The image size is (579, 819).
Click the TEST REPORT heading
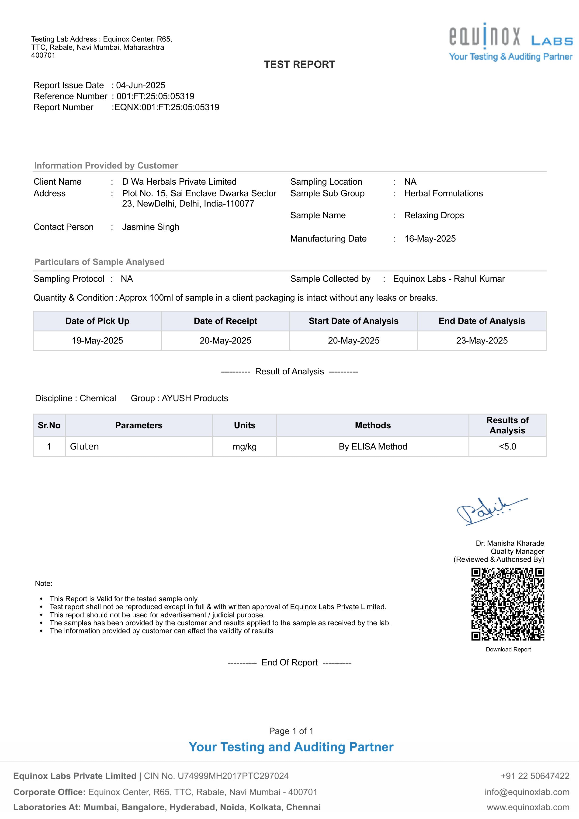tap(299, 65)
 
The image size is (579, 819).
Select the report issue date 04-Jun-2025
tap(141, 85)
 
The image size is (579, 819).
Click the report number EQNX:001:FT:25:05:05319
tap(166, 107)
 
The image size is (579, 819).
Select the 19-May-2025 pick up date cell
tap(97, 341)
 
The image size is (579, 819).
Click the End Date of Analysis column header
tap(482, 321)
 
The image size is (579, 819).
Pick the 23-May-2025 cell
tap(482, 341)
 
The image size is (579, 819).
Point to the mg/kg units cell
tap(245, 446)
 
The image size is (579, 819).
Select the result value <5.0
tap(507, 446)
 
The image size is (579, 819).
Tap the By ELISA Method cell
tap(373, 446)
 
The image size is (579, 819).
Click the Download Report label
tap(508, 650)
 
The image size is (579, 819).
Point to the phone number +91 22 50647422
tap(535, 776)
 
